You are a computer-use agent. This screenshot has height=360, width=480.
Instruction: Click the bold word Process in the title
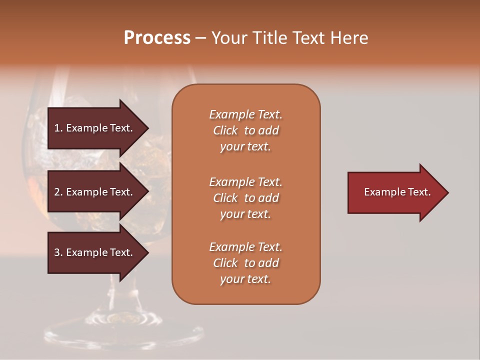click(157, 38)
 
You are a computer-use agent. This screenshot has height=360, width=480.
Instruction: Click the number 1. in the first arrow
click(58, 128)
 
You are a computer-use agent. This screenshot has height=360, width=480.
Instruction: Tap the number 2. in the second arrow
click(58, 192)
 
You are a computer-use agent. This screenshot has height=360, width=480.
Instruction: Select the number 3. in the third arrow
click(58, 252)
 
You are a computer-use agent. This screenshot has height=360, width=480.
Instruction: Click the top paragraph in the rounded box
click(245, 130)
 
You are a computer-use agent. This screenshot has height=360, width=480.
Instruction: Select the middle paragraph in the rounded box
click(245, 198)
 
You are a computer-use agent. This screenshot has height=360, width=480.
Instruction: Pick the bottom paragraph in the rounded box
click(245, 263)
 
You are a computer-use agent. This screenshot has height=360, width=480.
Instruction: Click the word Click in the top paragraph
click(225, 130)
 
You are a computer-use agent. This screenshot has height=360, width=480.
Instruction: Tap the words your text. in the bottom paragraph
click(245, 279)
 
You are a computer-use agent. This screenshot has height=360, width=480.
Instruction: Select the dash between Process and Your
click(200, 38)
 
